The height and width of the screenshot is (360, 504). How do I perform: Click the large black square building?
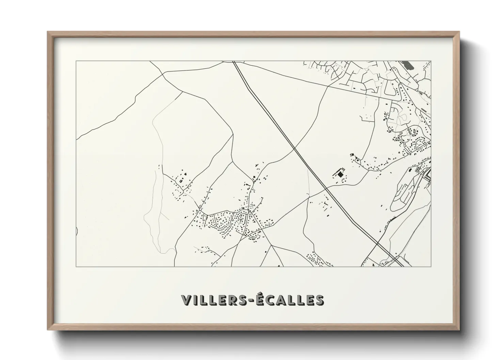tap(340, 174)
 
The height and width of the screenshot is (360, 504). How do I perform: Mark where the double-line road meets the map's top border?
tap(234, 61)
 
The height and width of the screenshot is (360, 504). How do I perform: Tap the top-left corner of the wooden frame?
tap(48, 32)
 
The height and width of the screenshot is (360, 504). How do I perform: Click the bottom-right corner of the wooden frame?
tap(459, 330)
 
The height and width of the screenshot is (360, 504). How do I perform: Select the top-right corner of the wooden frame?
tap(459, 32)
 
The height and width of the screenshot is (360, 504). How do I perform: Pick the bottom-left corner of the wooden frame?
tap(48, 330)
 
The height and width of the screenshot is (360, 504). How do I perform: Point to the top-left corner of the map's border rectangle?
tap(76, 61)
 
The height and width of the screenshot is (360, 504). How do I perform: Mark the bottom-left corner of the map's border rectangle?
tap(76, 266)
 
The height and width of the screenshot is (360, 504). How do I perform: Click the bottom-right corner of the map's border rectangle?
tap(431, 266)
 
